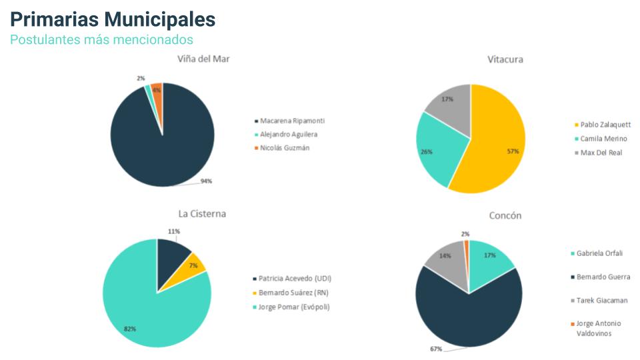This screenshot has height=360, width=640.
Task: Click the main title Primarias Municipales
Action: [113, 19]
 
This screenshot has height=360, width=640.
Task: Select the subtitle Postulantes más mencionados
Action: [101, 40]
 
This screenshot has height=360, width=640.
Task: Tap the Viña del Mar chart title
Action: [204, 59]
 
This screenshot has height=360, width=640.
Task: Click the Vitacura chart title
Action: [505, 59]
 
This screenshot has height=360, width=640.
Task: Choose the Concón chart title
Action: [505, 215]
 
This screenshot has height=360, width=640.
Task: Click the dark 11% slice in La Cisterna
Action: [172, 253]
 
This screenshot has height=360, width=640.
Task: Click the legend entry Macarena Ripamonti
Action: [292, 121]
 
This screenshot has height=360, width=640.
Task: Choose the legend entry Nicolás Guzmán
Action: [284, 147]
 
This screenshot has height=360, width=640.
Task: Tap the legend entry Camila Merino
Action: [603, 139]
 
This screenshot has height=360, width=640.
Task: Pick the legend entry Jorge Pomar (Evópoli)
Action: [294, 307]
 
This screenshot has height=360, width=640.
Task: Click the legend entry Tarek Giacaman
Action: [602, 301]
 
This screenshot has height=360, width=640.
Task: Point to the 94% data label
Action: [206, 181]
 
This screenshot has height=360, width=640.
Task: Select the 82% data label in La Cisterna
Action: [131, 329]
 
